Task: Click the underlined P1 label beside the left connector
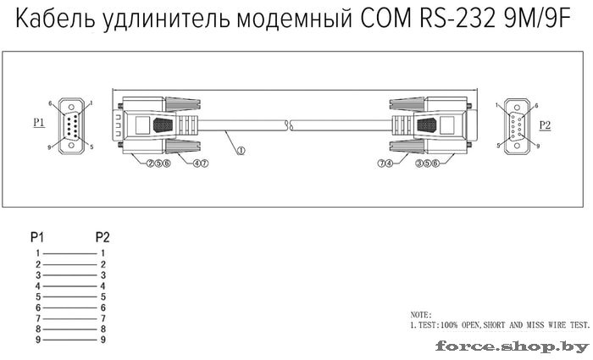point(39,123)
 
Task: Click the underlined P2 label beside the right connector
point(545,125)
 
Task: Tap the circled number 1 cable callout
point(241,151)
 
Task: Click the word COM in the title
point(385,19)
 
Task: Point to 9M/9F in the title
point(537,19)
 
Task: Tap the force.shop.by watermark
point(512,346)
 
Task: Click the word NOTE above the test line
point(420,314)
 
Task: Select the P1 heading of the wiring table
point(37,237)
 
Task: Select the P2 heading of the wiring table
point(103,237)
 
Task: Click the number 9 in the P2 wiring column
point(103,340)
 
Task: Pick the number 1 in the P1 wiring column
point(38,253)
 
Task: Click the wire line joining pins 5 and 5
point(70,296)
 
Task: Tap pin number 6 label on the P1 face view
point(50,103)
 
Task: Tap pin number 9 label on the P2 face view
point(538,146)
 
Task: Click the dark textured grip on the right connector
point(427,125)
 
